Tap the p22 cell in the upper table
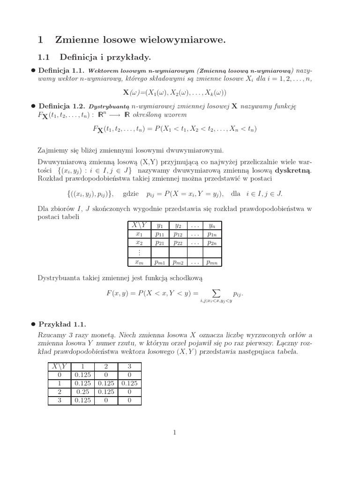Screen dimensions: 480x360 (x=178, y=243)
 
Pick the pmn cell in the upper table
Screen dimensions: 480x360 (x=211, y=262)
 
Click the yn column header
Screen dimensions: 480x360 (x=211, y=225)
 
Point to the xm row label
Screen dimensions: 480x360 (x=139, y=262)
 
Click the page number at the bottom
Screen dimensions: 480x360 (x=174, y=433)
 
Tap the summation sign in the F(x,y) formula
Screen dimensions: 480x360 (x=216, y=293)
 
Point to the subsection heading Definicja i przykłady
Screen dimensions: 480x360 (x=105, y=58)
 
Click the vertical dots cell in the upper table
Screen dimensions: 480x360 (x=139, y=253)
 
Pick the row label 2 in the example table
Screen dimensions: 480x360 (x=59, y=392)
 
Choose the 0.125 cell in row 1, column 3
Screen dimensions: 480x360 (x=129, y=383)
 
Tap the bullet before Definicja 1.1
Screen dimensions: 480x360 (x=33, y=70)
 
